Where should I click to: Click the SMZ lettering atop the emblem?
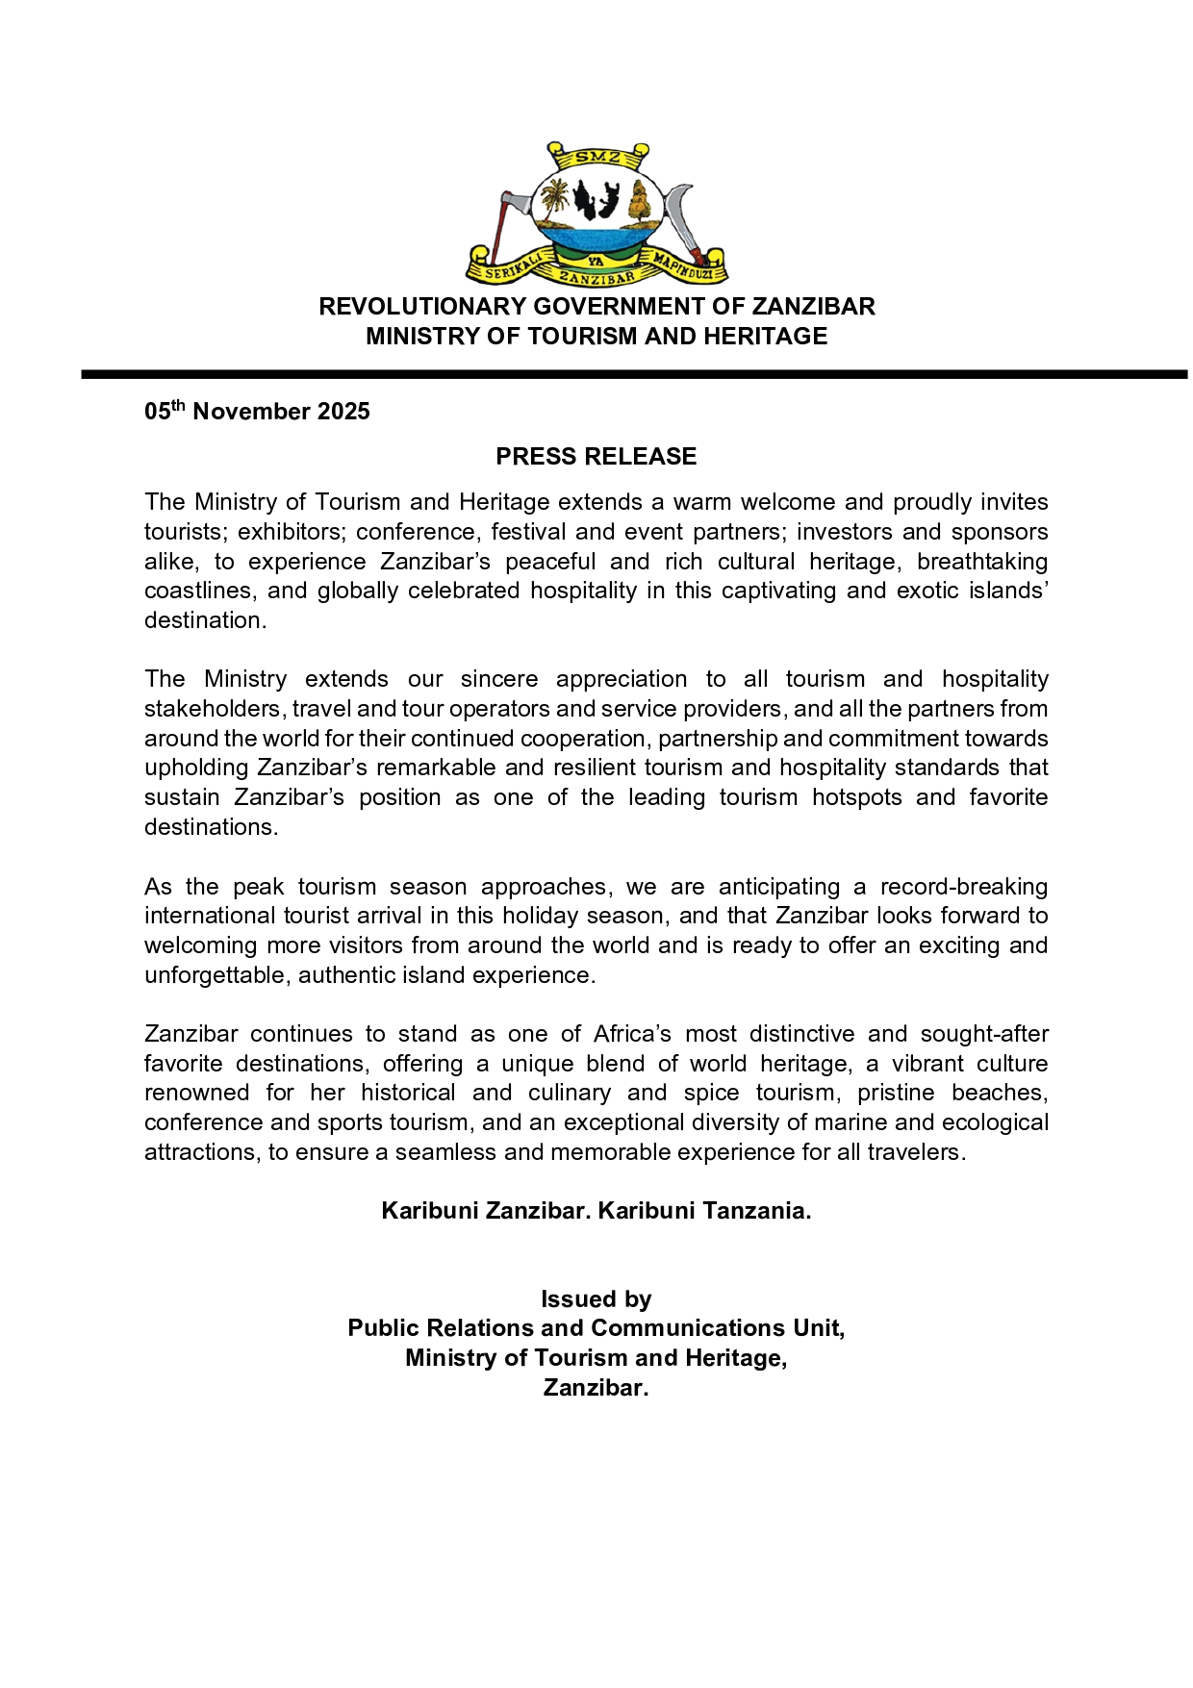[597, 157]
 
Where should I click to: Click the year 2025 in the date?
[343, 412]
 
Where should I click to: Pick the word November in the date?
[252, 412]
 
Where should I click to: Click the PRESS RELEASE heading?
[596, 457]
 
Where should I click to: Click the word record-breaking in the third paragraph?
[964, 887]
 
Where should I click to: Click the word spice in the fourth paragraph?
[712, 1093]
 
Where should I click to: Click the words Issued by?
[596, 1299]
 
